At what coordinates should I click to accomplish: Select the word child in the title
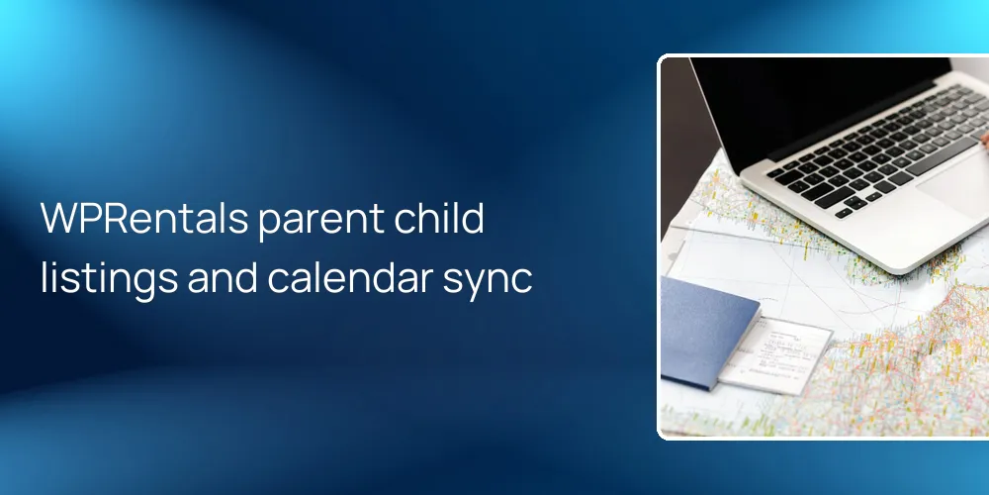[x=448, y=219]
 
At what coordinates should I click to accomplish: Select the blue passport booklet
[x=707, y=332]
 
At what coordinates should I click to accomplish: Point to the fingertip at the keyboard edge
[x=984, y=141]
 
